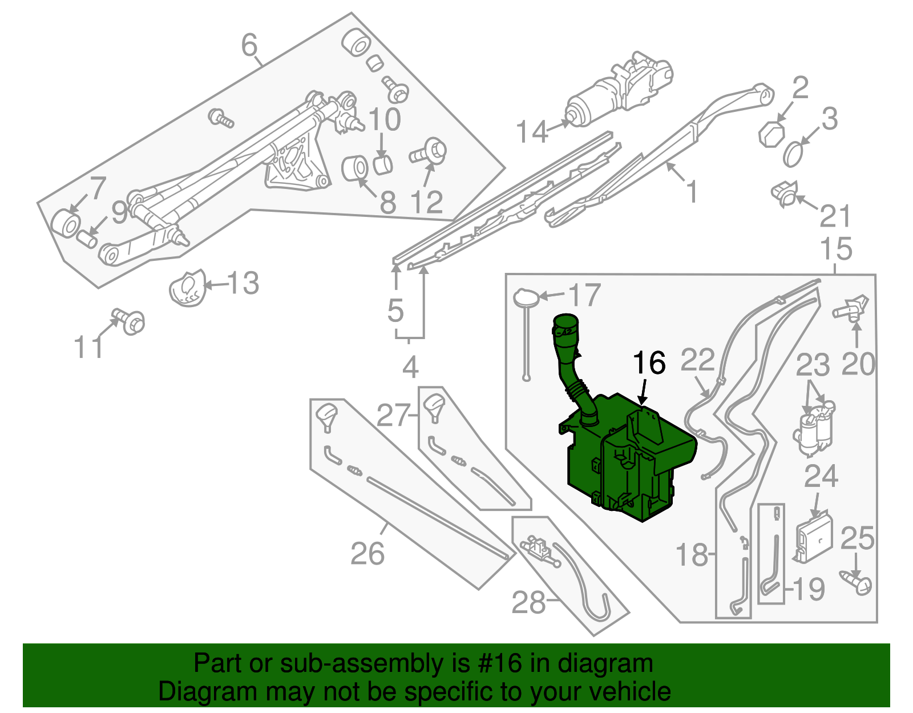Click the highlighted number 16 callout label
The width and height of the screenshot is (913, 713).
(649, 363)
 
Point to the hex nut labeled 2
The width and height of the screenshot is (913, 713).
(771, 134)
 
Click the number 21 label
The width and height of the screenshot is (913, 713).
(835, 216)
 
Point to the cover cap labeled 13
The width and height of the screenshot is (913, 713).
(187, 288)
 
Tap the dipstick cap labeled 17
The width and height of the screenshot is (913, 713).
(526, 297)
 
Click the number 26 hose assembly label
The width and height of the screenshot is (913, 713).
(367, 553)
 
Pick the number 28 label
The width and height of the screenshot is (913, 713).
(528, 602)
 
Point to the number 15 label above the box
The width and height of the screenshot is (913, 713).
(836, 249)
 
